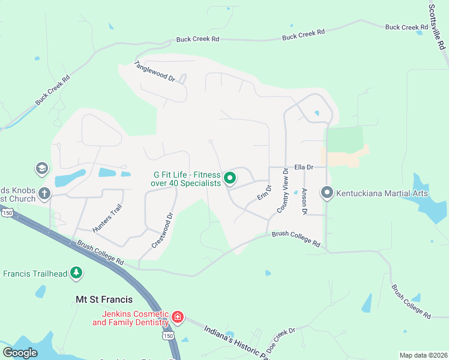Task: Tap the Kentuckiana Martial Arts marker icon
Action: tap(327, 193)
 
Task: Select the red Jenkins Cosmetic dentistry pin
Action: tap(178, 316)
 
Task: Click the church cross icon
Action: tap(44, 193)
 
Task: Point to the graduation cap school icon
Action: tap(41, 167)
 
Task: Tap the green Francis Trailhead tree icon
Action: tap(76, 273)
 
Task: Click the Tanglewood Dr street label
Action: tap(154, 71)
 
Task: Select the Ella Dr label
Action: tap(304, 167)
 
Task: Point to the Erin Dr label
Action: tap(264, 193)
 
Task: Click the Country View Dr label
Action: tap(282, 190)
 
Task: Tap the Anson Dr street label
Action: tap(304, 202)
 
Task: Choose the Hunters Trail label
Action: tap(107, 218)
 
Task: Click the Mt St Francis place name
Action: tap(104, 299)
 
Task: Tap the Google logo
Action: tap(20, 353)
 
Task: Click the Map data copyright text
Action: tap(423, 355)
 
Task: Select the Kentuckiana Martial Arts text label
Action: tap(382, 193)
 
